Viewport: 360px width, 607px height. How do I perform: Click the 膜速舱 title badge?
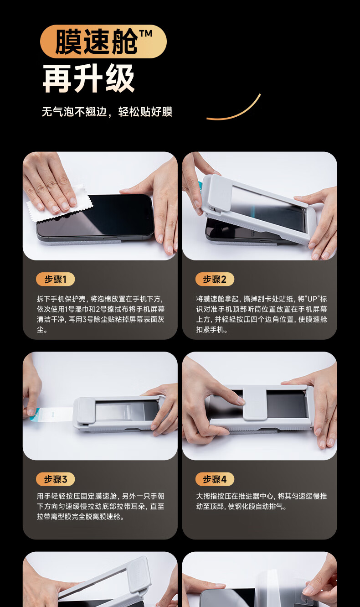pyautogui.click(x=103, y=42)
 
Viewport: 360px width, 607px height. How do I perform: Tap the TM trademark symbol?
pyautogui.click(x=146, y=34)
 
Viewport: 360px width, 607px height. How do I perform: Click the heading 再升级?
pyautogui.click(x=88, y=78)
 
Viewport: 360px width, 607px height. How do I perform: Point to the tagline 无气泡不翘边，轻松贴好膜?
pyautogui.click(x=107, y=112)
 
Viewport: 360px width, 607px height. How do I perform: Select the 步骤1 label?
pyautogui.click(x=55, y=279)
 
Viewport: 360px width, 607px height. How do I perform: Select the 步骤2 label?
pyautogui.click(x=215, y=279)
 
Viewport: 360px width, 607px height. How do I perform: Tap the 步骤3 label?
pyautogui.click(x=55, y=479)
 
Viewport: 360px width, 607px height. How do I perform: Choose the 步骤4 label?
pyautogui.click(x=215, y=479)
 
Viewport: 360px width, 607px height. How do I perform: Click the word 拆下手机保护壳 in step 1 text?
pyautogui.click(x=62, y=299)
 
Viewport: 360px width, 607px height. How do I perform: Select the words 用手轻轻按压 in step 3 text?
pyautogui.click(x=58, y=496)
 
